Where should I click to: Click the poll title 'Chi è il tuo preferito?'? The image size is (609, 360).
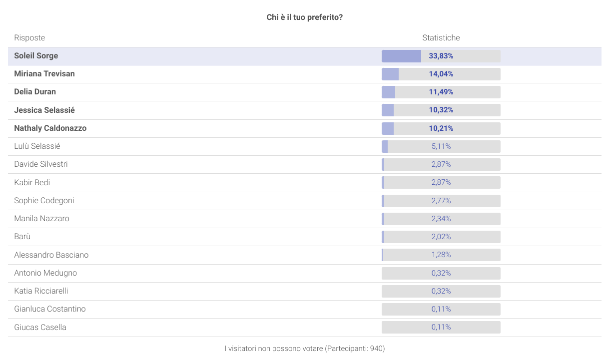pos(304,17)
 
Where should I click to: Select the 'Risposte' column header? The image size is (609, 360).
pos(29,38)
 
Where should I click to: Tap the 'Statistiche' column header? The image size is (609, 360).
pos(441,38)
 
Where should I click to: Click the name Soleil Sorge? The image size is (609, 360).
pos(36,56)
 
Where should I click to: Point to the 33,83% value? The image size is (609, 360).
pos(441,56)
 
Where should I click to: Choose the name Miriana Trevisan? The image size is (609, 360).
pos(44,74)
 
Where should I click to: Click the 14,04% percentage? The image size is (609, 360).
pos(441,74)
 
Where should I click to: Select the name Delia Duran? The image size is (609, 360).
pos(35,92)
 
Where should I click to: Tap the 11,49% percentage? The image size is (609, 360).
pos(441,92)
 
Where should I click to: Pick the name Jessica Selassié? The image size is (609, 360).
pos(44,110)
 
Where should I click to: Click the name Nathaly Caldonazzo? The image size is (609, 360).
pos(50,128)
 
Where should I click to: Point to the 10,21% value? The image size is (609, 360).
pos(441,128)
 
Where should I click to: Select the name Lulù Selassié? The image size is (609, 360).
pos(37,146)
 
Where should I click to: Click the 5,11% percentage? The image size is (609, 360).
pos(441,146)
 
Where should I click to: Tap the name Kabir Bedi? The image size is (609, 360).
pos(32,183)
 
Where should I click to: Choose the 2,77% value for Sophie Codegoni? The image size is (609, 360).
pos(441,201)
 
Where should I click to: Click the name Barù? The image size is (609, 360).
pos(22,237)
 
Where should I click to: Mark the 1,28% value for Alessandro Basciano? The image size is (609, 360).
pos(441,255)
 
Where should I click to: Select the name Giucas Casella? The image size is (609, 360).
pos(40,328)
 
